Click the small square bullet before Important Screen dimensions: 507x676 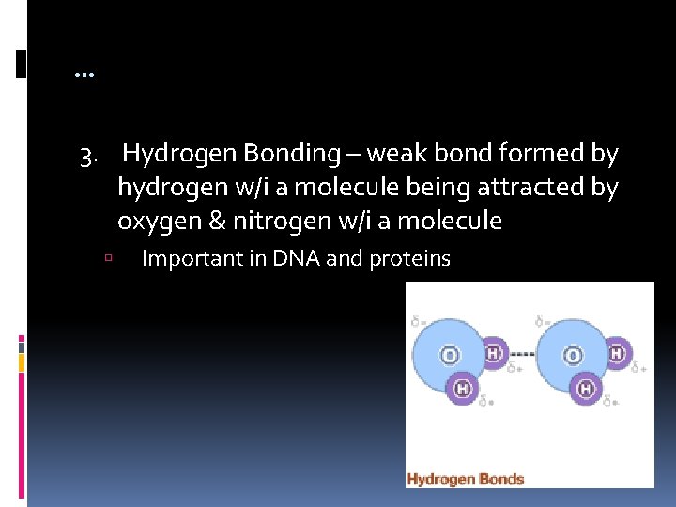coord(110,258)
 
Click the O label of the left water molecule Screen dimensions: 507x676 coord(451,356)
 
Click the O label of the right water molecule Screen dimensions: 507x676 coord(573,356)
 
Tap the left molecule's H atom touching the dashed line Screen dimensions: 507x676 coord(495,354)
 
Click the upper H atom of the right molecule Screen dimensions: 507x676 coord(617,353)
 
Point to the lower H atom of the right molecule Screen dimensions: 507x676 coord(587,387)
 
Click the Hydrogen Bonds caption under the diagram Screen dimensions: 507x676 coord(465,479)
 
